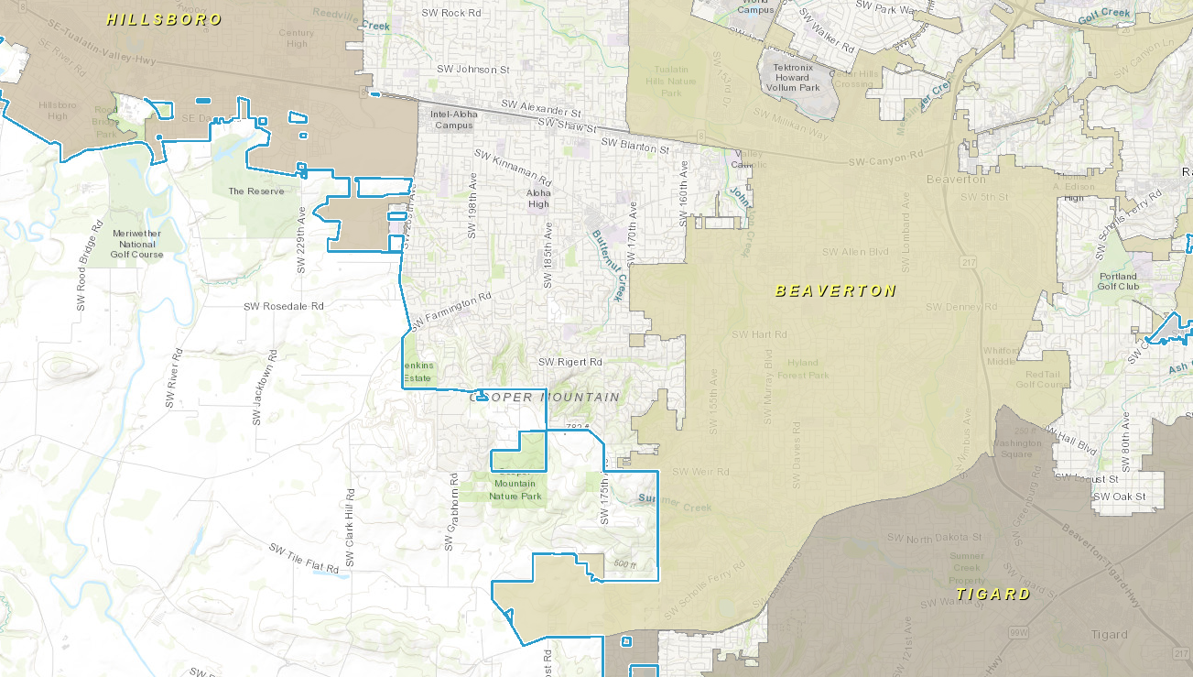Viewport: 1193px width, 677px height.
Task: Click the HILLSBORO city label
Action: [x=164, y=19]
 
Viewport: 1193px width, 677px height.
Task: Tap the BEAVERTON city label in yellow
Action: [x=835, y=290]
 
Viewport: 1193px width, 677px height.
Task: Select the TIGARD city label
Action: [x=993, y=594]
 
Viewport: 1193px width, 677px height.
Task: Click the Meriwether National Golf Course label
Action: [x=137, y=244]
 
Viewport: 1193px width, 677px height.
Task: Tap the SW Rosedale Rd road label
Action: [x=283, y=306]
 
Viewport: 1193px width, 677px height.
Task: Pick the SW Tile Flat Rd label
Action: [x=304, y=559]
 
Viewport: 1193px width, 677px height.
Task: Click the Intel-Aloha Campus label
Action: [x=453, y=119]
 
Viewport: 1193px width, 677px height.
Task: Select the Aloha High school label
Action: [x=538, y=199]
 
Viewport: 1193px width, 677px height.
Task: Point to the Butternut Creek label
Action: [x=607, y=264]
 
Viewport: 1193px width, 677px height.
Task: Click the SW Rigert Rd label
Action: [x=569, y=363]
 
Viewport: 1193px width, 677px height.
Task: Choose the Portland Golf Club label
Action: [x=1118, y=280]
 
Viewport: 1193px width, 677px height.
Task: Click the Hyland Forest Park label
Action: [x=803, y=369]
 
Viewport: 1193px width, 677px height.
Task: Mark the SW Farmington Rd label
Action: [x=450, y=311]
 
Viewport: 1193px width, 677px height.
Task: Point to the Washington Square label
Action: [x=1017, y=449]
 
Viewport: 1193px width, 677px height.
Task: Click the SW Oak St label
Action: [x=1119, y=497]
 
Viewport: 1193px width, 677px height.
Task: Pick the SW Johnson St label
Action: [x=472, y=69]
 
